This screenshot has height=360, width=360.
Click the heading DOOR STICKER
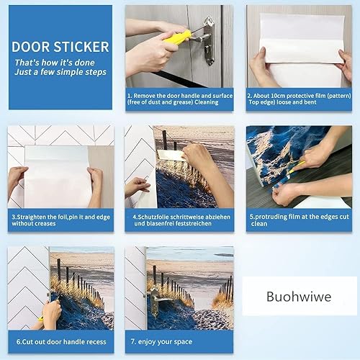60,47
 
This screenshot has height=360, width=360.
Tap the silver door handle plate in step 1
209,40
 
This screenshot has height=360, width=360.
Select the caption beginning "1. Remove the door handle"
180,99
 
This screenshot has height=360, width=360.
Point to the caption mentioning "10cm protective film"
299,99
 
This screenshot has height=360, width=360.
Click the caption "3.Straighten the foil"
61,220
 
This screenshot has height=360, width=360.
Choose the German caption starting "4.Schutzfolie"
181,220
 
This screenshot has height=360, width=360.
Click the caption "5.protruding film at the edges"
299,220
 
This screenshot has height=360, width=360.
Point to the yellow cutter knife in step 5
297,167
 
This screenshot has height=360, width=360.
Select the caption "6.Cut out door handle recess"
61,342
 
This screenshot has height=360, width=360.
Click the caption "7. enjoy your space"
161,342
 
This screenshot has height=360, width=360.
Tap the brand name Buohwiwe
299,297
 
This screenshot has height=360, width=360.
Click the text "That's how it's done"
55,63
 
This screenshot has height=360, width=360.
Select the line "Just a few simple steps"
60,72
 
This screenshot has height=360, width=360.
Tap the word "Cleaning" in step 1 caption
207,102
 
